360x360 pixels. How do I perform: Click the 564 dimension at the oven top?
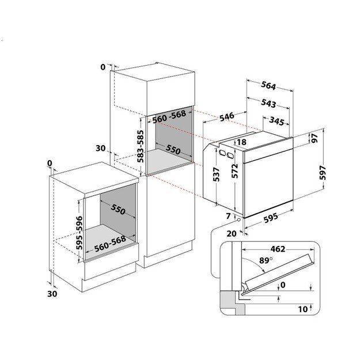[x=268, y=86]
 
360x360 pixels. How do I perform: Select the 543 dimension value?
[x=268, y=104]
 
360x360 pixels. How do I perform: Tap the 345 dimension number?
[x=276, y=121]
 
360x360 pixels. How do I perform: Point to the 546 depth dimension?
[x=227, y=116]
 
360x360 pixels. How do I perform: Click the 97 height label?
[x=314, y=138]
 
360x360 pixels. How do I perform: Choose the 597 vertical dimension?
[x=323, y=173]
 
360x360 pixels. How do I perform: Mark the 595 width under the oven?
[x=271, y=218]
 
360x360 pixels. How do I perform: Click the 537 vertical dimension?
[x=216, y=175]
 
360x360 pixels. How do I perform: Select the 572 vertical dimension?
[x=234, y=171]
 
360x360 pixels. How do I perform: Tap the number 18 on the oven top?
[x=241, y=142]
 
